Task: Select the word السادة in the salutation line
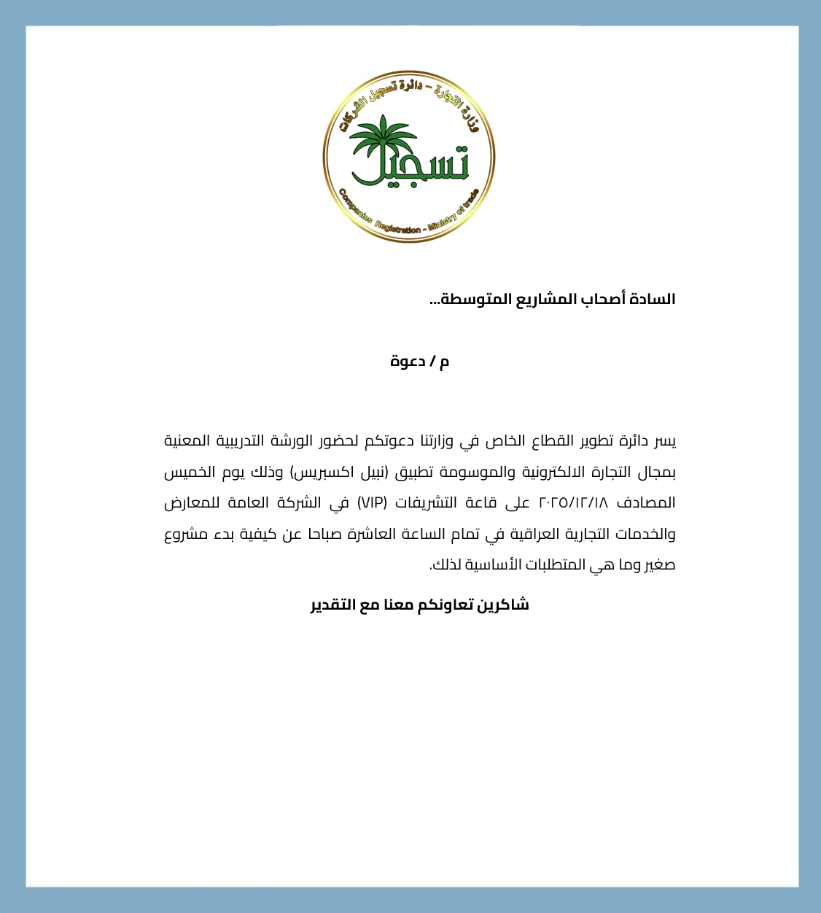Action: click(x=655, y=299)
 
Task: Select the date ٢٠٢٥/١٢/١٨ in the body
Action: click(x=573, y=503)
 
